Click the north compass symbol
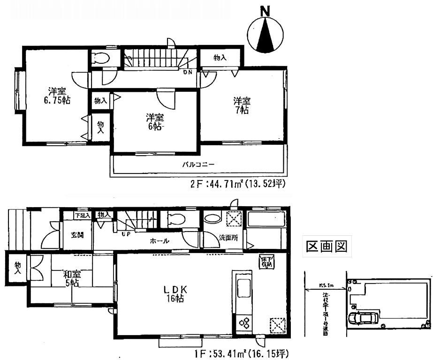click(266, 34)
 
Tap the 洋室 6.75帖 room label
click(55, 95)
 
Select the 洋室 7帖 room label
click(243, 105)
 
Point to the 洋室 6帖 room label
click(154, 121)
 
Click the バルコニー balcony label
click(198, 165)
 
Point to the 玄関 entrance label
click(77, 235)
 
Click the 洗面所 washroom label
click(228, 238)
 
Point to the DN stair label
click(188, 72)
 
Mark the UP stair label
click(126, 233)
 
